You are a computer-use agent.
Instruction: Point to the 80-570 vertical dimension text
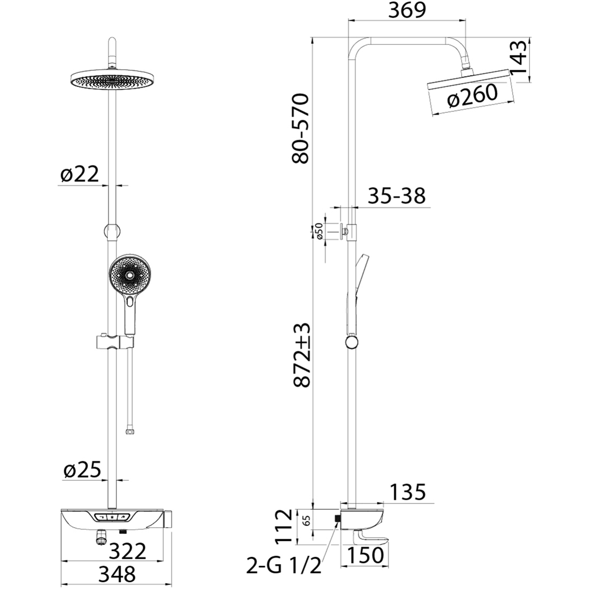tap(300, 128)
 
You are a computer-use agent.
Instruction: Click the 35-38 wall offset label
tap(396, 196)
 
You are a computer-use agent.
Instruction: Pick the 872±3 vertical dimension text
tap(301, 356)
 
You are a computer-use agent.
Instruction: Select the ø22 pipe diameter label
tap(79, 174)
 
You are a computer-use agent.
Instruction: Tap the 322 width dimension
tap(128, 551)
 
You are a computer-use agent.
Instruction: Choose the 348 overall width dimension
tap(117, 574)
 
